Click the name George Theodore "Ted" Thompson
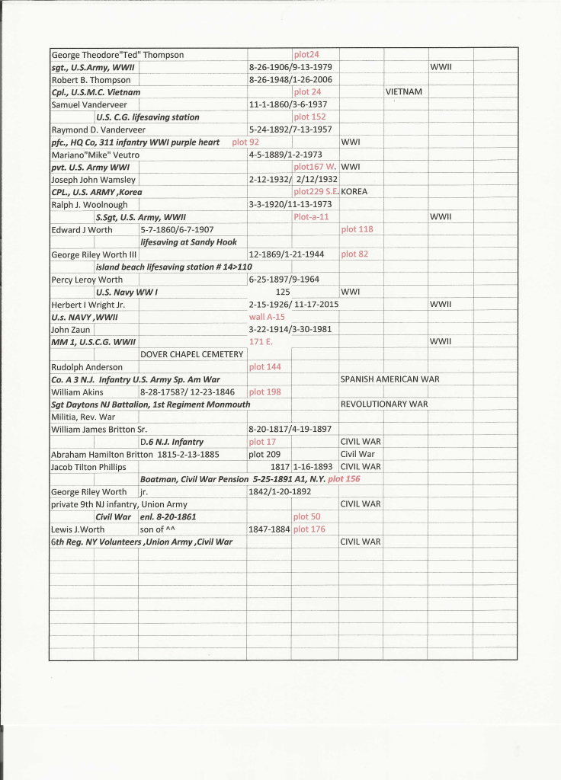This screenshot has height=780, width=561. (x=117, y=55)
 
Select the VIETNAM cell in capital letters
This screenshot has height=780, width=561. (x=404, y=92)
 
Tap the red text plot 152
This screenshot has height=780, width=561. (x=309, y=117)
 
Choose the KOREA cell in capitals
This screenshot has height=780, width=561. (x=354, y=192)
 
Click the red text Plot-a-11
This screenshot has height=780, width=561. (x=311, y=217)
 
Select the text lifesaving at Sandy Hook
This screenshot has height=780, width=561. (x=189, y=242)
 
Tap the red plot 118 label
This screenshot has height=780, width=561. (x=357, y=229)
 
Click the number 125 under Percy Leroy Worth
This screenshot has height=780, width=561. (x=283, y=292)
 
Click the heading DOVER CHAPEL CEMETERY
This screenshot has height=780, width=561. (x=192, y=354)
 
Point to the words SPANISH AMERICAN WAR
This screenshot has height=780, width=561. (x=389, y=379)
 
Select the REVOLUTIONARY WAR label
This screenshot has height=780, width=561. (x=384, y=404)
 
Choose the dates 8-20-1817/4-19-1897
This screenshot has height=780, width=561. (x=290, y=429)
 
